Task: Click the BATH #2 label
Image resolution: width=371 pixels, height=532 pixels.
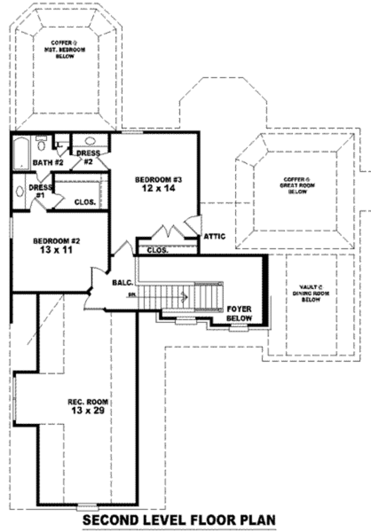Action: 40,163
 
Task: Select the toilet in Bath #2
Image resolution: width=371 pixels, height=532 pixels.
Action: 41,144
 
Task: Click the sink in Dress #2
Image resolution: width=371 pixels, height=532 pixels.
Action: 90,141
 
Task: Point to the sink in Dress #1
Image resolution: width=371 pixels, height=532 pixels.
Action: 19,191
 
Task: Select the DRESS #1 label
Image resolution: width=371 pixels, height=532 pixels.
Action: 40,190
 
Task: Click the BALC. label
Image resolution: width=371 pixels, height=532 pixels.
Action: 121,282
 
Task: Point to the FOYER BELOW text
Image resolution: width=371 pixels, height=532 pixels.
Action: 239,312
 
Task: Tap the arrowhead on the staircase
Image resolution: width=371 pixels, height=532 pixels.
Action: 184,297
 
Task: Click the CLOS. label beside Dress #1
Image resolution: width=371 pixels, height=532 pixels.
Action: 84,201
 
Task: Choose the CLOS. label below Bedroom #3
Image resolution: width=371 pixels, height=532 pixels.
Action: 158,250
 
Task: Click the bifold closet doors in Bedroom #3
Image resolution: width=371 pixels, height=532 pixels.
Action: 169,232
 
